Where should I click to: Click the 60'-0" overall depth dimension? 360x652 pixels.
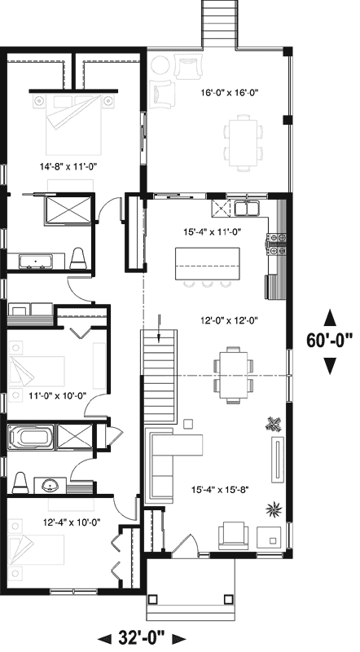tap(329, 339)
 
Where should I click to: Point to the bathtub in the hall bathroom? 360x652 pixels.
tap(29, 437)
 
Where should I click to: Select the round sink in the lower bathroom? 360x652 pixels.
tap(50, 487)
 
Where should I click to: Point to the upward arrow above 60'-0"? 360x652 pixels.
tap(329, 317)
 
